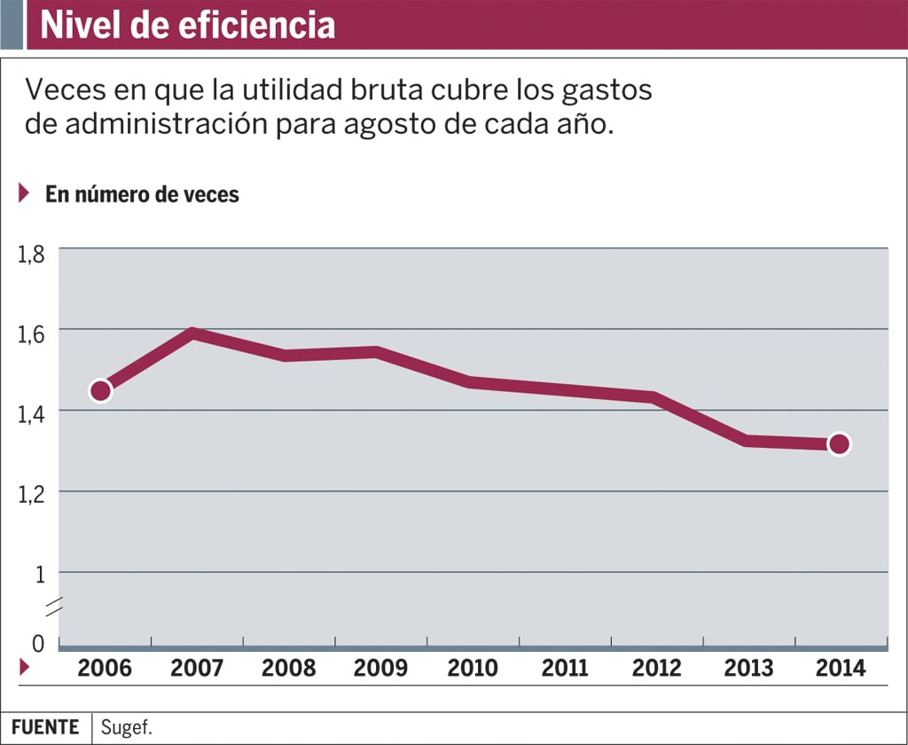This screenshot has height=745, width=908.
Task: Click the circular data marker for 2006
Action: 101,390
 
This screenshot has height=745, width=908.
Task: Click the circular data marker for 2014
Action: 839,444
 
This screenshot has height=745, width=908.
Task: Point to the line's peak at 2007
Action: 193,333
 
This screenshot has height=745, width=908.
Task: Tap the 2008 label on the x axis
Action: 288,668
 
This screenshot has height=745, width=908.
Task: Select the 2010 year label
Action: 473,668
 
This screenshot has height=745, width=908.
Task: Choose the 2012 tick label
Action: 657,668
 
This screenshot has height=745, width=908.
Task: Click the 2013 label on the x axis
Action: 750,668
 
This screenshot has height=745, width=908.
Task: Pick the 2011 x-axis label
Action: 564,668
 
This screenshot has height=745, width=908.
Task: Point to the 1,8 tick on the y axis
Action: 30,255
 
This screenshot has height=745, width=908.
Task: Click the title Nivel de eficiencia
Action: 188,25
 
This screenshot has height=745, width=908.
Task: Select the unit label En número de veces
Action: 142,193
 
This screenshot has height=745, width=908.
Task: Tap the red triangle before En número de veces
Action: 24,192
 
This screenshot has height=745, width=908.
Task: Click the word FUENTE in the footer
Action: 45,727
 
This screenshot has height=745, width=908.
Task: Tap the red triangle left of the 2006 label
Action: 24,668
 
